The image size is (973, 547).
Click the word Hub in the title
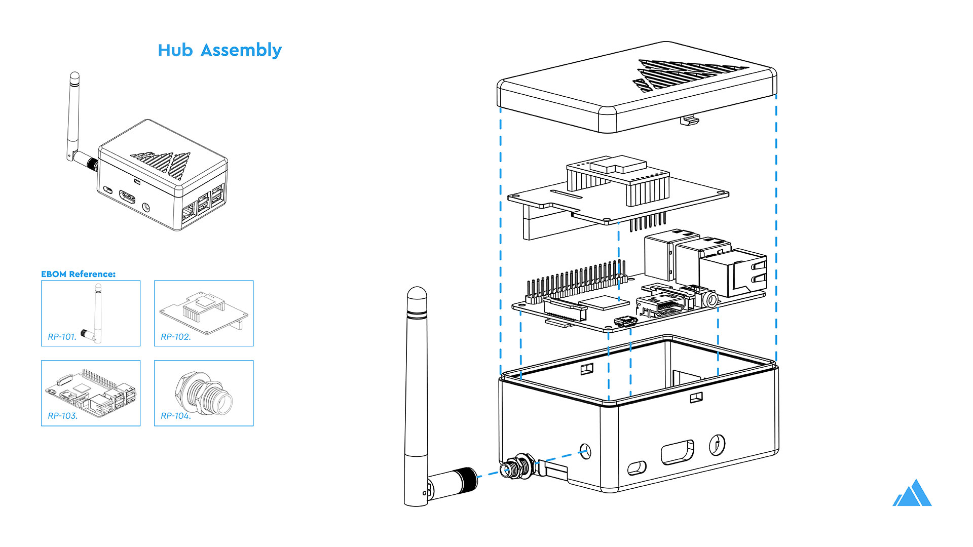point(175,50)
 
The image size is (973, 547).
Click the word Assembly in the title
point(241,51)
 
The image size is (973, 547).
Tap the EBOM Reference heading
point(78,274)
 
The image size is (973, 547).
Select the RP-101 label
point(62,337)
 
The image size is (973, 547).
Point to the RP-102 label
point(175,337)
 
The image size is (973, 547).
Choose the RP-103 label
point(62,416)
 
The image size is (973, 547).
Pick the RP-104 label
point(175,416)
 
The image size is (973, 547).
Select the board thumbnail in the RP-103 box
point(91,393)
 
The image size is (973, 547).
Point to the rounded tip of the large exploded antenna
point(417,296)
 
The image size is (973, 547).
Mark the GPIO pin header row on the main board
point(575,281)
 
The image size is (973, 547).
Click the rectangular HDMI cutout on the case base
point(677,452)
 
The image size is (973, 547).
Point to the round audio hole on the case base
point(717,445)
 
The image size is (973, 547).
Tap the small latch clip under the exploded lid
point(690,121)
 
